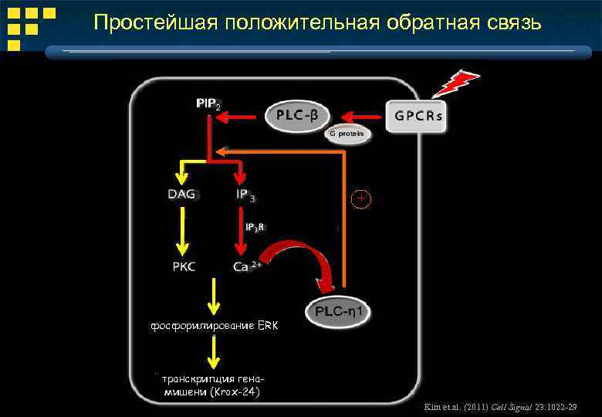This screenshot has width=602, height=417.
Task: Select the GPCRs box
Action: point(418,117)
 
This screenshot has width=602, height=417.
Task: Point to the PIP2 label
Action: point(208,103)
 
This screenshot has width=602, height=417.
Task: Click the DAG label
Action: point(181,194)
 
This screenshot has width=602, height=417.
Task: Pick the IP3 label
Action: point(245,195)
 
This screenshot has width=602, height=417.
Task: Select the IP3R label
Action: point(255,228)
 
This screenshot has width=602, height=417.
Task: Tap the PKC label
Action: point(184,267)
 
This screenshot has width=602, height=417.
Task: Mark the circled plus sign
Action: point(361,198)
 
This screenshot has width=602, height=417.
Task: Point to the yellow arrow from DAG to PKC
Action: point(182,232)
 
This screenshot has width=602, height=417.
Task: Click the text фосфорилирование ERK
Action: point(213,327)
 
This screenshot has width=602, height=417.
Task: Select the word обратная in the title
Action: point(428,22)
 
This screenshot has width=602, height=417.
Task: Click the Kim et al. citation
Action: point(501,406)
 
